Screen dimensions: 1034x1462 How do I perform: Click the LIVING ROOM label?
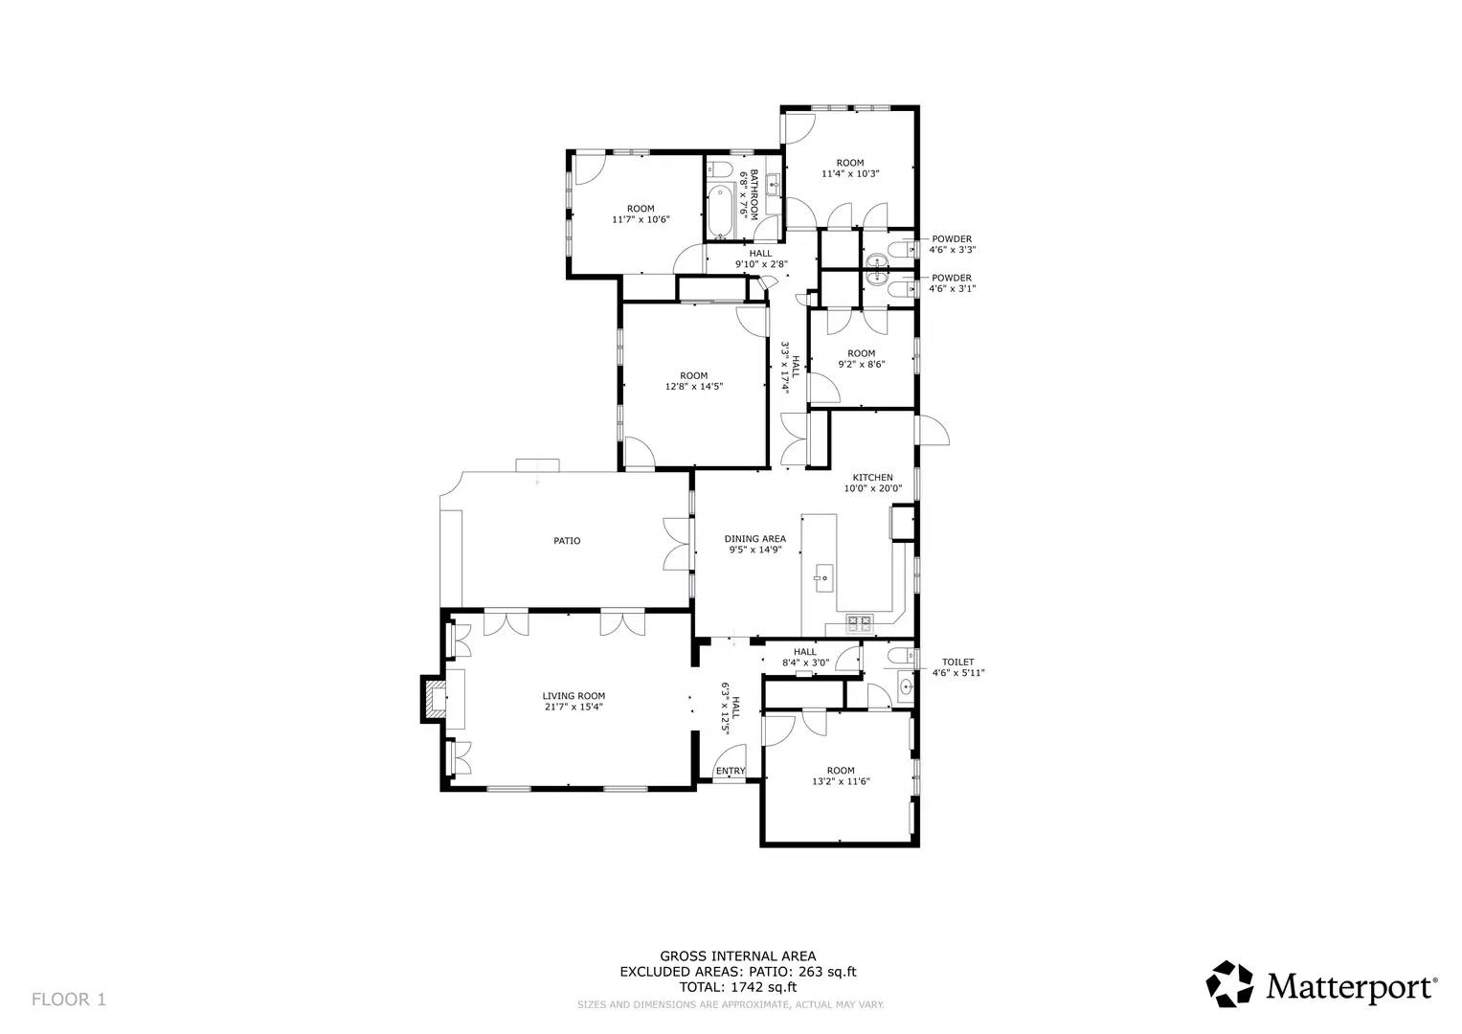coord(574,696)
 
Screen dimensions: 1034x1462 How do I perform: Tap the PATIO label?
coord(567,541)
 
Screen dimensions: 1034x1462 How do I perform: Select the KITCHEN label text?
coord(872,478)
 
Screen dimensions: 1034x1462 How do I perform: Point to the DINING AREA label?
coord(754,539)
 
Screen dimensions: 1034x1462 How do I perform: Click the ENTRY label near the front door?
coord(731,772)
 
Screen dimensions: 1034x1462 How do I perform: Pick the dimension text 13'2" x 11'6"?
coord(841,781)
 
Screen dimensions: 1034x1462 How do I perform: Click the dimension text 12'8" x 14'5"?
coord(694,387)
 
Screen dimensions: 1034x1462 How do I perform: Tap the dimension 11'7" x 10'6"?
coord(641,219)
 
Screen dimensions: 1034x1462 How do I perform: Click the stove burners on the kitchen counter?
coord(860,624)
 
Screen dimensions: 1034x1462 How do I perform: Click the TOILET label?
coord(957,662)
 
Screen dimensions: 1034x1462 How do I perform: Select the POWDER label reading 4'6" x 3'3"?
coord(952,239)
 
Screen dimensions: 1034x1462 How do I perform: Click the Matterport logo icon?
coord(1228,984)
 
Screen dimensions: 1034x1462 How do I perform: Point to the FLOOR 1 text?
coord(69,1000)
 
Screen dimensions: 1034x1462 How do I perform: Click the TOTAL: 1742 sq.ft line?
coord(737,987)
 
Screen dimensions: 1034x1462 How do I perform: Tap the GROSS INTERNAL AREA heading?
coord(737,955)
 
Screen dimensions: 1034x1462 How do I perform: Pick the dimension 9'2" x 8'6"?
coord(861,364)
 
